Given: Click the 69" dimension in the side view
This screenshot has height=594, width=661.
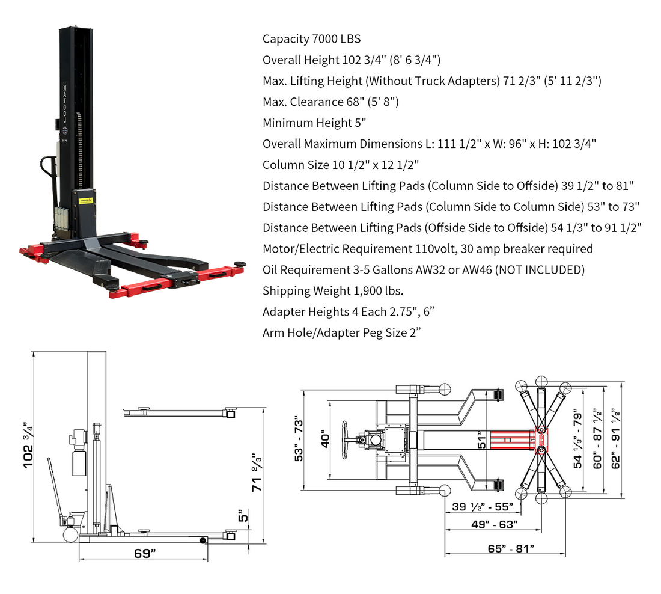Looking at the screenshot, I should (142, 553).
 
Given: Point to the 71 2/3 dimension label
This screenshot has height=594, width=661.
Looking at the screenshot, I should (257, 472).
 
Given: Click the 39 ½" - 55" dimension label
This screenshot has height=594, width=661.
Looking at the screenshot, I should (483, 507).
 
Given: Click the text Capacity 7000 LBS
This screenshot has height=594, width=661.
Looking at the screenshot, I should (311, 39).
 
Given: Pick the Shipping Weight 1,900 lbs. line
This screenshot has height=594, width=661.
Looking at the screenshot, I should (332, 291).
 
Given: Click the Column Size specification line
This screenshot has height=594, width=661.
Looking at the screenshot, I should (340, 165).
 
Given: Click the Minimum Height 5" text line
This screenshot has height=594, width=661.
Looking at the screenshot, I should (314, 123).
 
